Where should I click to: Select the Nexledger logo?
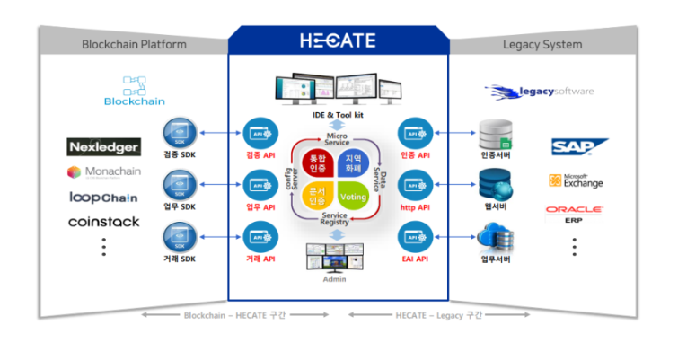click(103, 146)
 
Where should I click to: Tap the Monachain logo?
click(103, 171)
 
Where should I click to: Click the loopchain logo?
click(103, 197)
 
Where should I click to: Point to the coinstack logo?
click(103, 221)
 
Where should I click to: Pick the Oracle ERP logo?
click(575, 214)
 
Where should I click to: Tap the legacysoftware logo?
click(539, 91)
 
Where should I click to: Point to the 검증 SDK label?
click(180, 154)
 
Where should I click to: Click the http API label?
click(416, 207)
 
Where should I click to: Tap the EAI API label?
click(416, 259)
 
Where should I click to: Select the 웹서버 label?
click(496, 207)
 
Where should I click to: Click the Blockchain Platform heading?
click(134, 44)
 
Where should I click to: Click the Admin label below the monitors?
click(334, 280)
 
